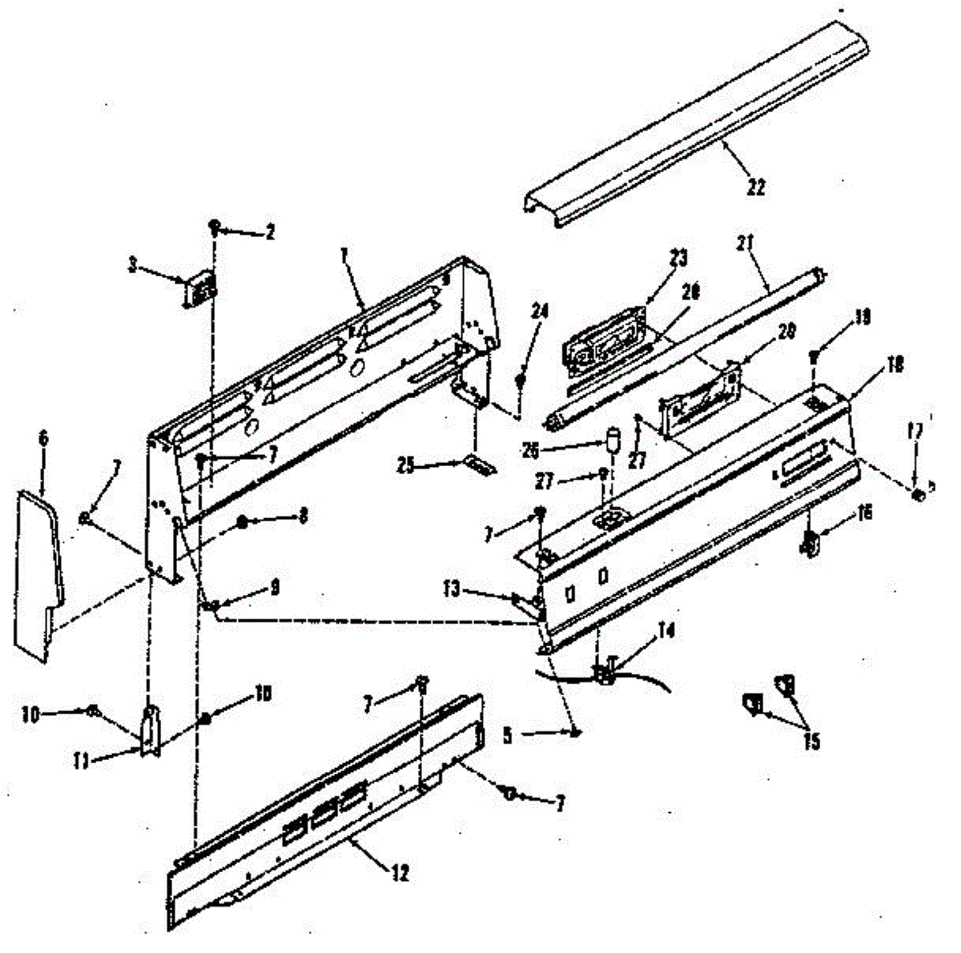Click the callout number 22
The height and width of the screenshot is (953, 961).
click(x=756, y=187)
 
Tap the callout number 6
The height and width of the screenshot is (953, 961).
click(x=42, y=438)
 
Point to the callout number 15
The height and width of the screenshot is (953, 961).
click(x=811, y=742)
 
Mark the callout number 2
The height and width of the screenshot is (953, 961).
click(x=271, y=233)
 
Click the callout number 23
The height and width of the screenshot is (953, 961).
click(x=679, y=259)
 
